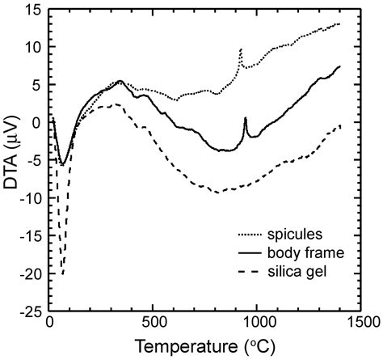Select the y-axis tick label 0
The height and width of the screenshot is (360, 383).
(37, 122)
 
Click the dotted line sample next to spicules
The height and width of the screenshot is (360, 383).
(257, 235)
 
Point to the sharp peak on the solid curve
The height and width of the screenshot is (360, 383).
(246, 118)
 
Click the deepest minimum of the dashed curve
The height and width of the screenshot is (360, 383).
(61, 275)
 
